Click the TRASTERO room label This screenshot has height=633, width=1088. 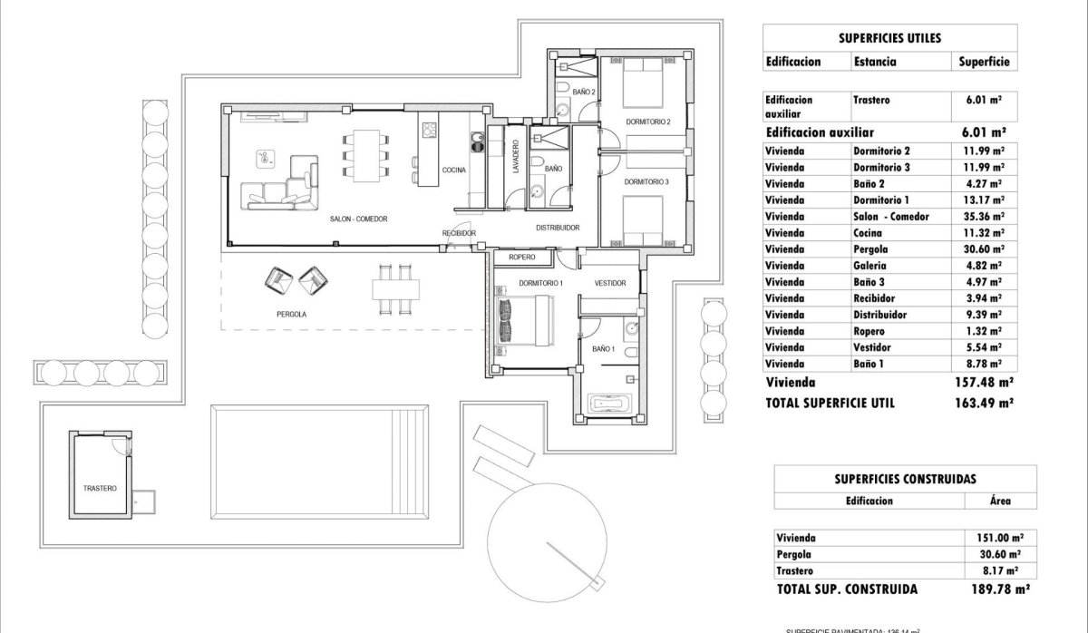coord(99,488)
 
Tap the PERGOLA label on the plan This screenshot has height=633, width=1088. coord(291,314)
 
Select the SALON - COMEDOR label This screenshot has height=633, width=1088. coord(353,219)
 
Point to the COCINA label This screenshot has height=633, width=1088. coord(454,170)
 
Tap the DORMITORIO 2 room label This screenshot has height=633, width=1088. coord(647,122)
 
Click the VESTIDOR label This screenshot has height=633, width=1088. coord(610,284)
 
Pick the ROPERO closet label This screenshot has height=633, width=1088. coord(522,258)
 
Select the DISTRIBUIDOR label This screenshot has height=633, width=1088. coord(557,228)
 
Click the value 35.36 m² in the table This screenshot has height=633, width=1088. coord(982,217)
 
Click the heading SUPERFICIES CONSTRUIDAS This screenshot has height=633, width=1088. coord(904,478)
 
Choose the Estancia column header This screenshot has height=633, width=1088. coord(875,62)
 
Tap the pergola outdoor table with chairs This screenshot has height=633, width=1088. coord(395,288)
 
